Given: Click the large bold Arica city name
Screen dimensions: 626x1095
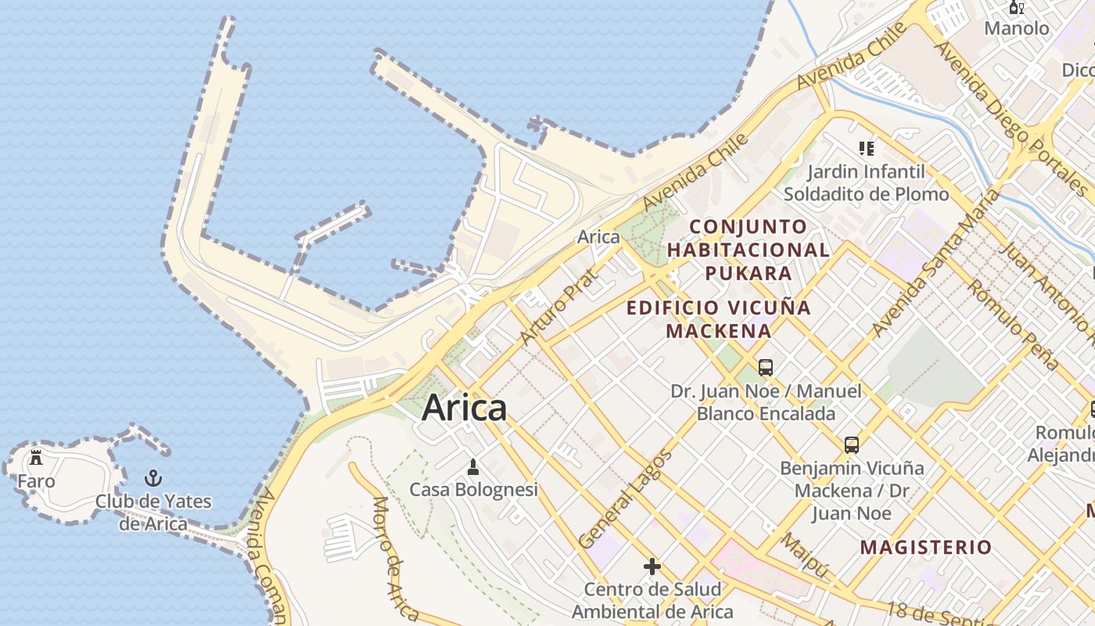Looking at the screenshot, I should click(x=465, y=408).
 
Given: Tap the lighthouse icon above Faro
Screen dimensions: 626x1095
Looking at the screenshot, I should click(x=35, y=458).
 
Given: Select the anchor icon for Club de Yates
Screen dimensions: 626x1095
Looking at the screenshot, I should click(x=154, y=478).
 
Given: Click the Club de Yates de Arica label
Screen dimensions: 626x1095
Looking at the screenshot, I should click(x=153, y=513).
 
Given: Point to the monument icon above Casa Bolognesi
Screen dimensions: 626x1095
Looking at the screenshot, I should click(x=472, y=468).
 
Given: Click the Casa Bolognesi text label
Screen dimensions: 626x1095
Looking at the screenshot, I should click(x=474, y=490).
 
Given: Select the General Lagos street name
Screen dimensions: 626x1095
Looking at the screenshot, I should click(x=625, y=499).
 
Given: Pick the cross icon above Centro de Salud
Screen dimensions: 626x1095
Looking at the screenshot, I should click(x=652, y=566).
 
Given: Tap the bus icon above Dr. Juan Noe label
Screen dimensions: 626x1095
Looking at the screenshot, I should click(x=766, y=367).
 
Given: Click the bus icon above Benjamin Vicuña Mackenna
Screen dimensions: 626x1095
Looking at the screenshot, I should click(x=852, y=445).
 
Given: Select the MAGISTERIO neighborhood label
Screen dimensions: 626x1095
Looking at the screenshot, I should click(x=925, y=547).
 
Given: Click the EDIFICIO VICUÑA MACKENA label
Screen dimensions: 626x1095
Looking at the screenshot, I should click(x=719, y=318).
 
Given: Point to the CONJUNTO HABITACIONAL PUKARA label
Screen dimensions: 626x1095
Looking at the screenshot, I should click(x=749, y=250).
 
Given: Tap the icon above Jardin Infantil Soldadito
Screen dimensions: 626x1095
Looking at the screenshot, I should click(x=866, y=148).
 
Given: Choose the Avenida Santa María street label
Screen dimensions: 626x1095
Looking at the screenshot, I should click(x=935, y=263).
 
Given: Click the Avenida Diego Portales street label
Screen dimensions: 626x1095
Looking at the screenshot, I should click(x=1010, y=117).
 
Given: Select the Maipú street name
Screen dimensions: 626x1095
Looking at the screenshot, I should click(x=805, y=556).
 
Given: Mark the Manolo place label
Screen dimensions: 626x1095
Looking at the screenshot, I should click(x=1016, y=28).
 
